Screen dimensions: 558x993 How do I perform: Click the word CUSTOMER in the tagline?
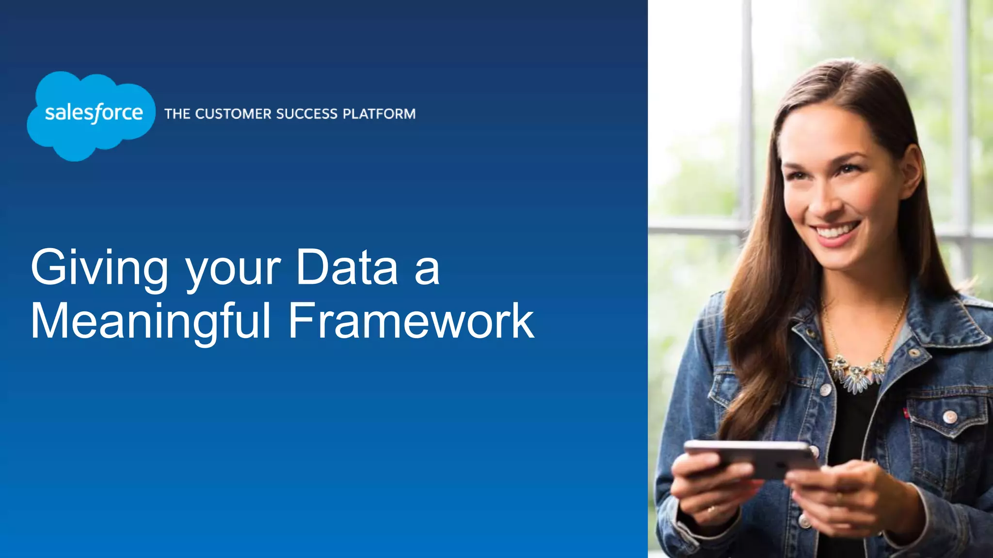234,114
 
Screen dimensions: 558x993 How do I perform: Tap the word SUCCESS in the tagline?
306,114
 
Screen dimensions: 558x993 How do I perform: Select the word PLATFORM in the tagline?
379,114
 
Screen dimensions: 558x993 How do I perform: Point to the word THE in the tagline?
177,114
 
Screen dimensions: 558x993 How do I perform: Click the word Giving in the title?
99,268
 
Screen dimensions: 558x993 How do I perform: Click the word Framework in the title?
411,321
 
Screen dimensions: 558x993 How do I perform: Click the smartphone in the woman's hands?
752,458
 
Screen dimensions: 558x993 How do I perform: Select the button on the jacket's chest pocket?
950,416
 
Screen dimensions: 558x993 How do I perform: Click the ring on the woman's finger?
711,509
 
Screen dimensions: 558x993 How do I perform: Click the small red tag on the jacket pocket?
905,412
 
